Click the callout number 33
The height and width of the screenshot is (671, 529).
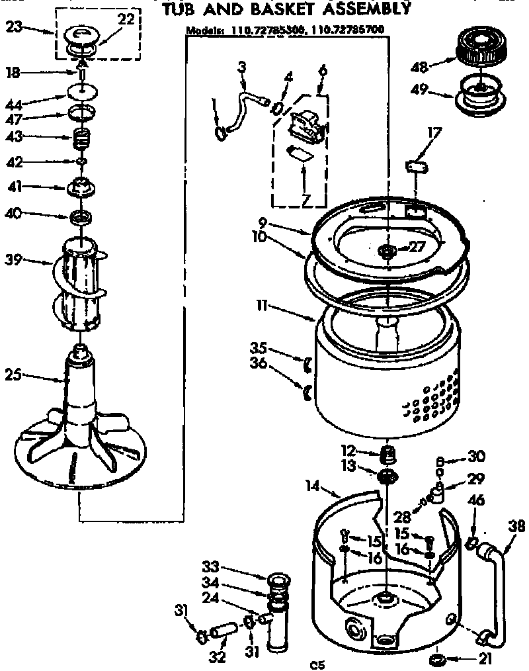[210, 567]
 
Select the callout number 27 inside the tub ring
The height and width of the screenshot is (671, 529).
[415, 247]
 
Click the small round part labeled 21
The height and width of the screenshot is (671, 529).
[436, 659]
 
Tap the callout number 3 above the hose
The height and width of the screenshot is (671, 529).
[241, 66]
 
